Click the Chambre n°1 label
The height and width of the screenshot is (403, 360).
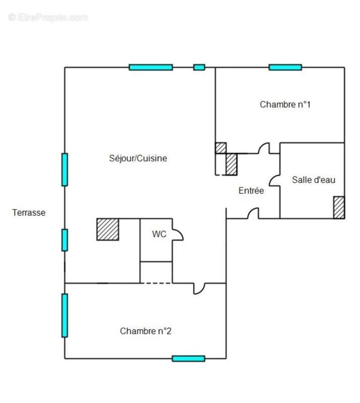click(x=285, y=105)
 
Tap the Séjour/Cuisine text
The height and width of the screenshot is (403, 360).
click(x=138, y=158)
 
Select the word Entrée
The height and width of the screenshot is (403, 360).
click(x=251, y=190)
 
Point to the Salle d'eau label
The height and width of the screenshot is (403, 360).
click(x=314, y=180)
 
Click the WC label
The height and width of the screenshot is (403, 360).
click(x=159, y=234)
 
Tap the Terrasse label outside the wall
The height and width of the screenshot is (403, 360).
click(x=29, y=213)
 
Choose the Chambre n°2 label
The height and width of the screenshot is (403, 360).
click(x=146, y=331)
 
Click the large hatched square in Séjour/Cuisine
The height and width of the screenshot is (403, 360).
click(x=108, y=229)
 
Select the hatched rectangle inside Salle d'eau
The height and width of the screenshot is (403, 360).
click(x=339, y=207)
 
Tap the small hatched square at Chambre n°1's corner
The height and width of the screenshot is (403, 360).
click(x=221, y=148)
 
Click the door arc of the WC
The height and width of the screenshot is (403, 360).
click(x=178, y=234)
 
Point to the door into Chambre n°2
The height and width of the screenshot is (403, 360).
click(x=199, y=288)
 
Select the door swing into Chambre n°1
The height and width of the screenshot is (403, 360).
click(x=263, y=149)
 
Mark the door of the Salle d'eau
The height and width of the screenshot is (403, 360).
click(x=275, y=180)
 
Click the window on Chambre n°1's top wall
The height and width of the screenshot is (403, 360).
click(x=285, y=67)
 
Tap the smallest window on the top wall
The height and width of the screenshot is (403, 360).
click(x=199, y=67)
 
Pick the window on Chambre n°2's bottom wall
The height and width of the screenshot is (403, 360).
click(x=188, y=358)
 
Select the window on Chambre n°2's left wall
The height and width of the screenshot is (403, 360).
click(x=64, y=315)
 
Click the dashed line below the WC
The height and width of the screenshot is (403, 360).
click(x=156, y=283)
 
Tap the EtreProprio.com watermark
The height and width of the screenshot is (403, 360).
click(x=48, y=18)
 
